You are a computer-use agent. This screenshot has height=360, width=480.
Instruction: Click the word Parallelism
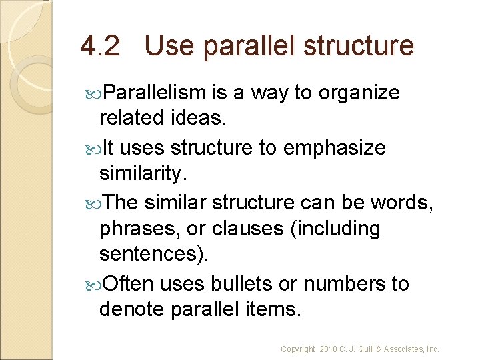[157, 93]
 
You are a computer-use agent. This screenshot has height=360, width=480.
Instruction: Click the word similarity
[139, 173]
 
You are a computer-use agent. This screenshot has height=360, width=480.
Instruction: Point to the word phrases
[139, 229]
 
